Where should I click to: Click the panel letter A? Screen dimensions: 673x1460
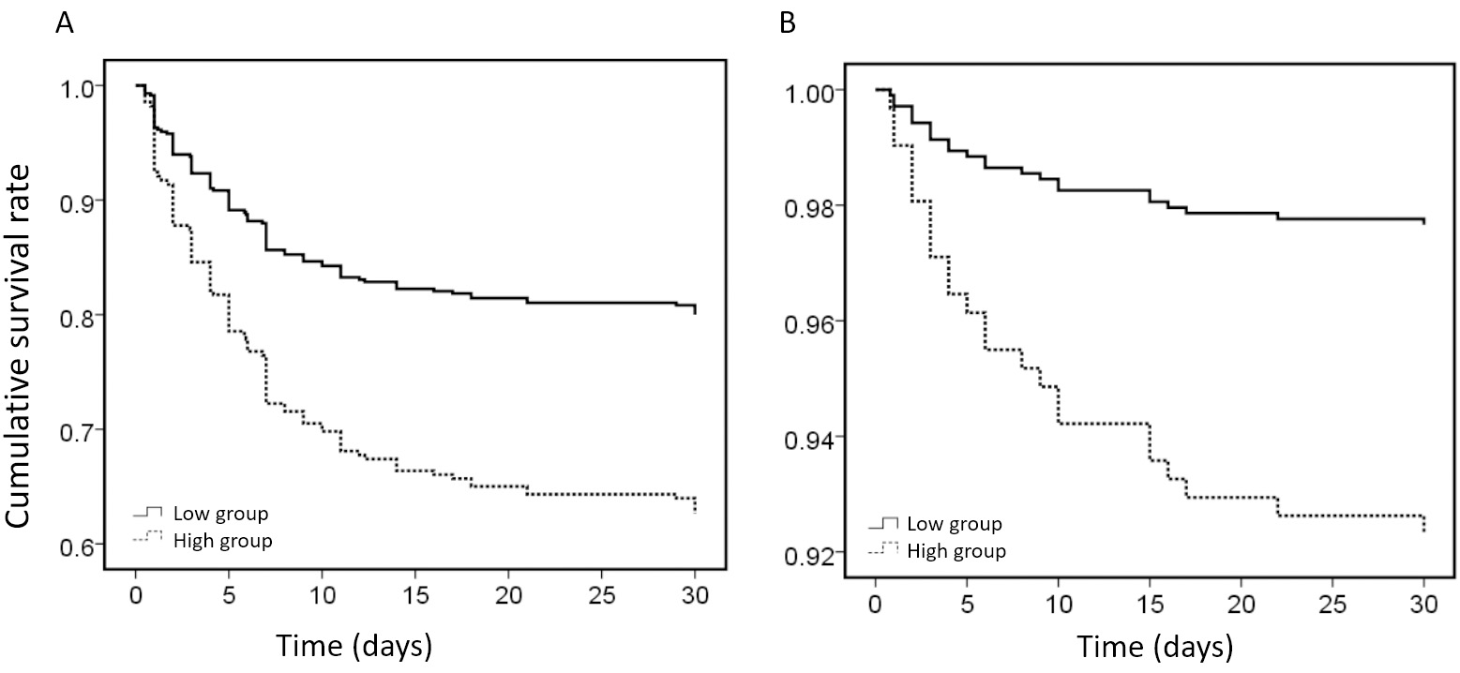click(65, 23)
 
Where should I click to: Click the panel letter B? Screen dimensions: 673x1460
click(788, 23)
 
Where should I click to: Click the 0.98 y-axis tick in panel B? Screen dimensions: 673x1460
click(807, 205)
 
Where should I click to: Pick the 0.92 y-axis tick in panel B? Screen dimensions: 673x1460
click(807, 553)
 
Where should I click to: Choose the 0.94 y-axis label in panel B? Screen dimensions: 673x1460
click(807, 437)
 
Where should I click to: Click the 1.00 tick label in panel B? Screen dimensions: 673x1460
click(807, 90)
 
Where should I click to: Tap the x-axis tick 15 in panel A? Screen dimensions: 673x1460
click(414, 596)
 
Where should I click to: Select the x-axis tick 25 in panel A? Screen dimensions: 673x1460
click(601, 596)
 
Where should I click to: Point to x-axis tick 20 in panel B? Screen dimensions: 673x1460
click(1241, 607)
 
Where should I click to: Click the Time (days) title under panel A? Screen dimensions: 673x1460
click(353, 646)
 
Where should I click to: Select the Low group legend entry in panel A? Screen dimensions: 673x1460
click(216, 514)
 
